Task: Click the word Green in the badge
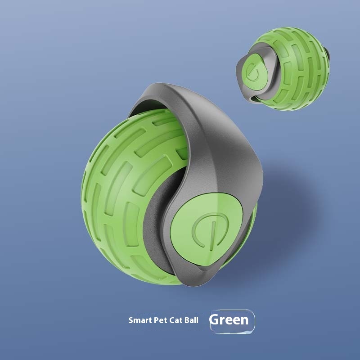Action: (x=229, y=320)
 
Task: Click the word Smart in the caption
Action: (x=139, y=321)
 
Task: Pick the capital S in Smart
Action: (x=131, y=321)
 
